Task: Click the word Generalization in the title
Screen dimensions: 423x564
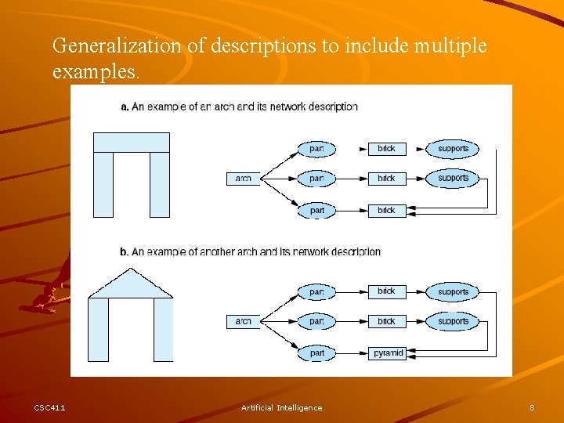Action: pos(117,46)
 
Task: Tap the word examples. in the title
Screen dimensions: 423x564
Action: pos(96,72)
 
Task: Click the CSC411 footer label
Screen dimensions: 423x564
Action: pos(49,407)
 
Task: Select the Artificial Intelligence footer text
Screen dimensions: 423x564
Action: pos(281,407)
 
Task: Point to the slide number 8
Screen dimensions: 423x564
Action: pos(532,407)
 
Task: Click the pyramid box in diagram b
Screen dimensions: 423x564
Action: pos(388,353)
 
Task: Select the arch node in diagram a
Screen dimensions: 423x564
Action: pos(244,179)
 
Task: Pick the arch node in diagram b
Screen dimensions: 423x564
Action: pos(244,321)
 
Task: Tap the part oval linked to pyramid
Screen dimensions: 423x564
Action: pos(316,353)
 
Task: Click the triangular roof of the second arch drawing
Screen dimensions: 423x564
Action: pos(131,286)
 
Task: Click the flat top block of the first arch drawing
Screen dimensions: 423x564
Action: pos(131,143)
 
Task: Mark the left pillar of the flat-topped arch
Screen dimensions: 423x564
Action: pos(103,184)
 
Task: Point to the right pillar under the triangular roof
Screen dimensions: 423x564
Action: pos(163,329)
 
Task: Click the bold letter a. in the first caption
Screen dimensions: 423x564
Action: pos(125,107)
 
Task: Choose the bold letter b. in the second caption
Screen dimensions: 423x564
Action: pos(125,252)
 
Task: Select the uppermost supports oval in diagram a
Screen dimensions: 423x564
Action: pos(453,149)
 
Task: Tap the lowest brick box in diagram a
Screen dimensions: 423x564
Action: pos(387,210)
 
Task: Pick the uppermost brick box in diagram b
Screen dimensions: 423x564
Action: pos(387,291)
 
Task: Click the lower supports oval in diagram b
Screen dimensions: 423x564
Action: pos(453,321)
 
